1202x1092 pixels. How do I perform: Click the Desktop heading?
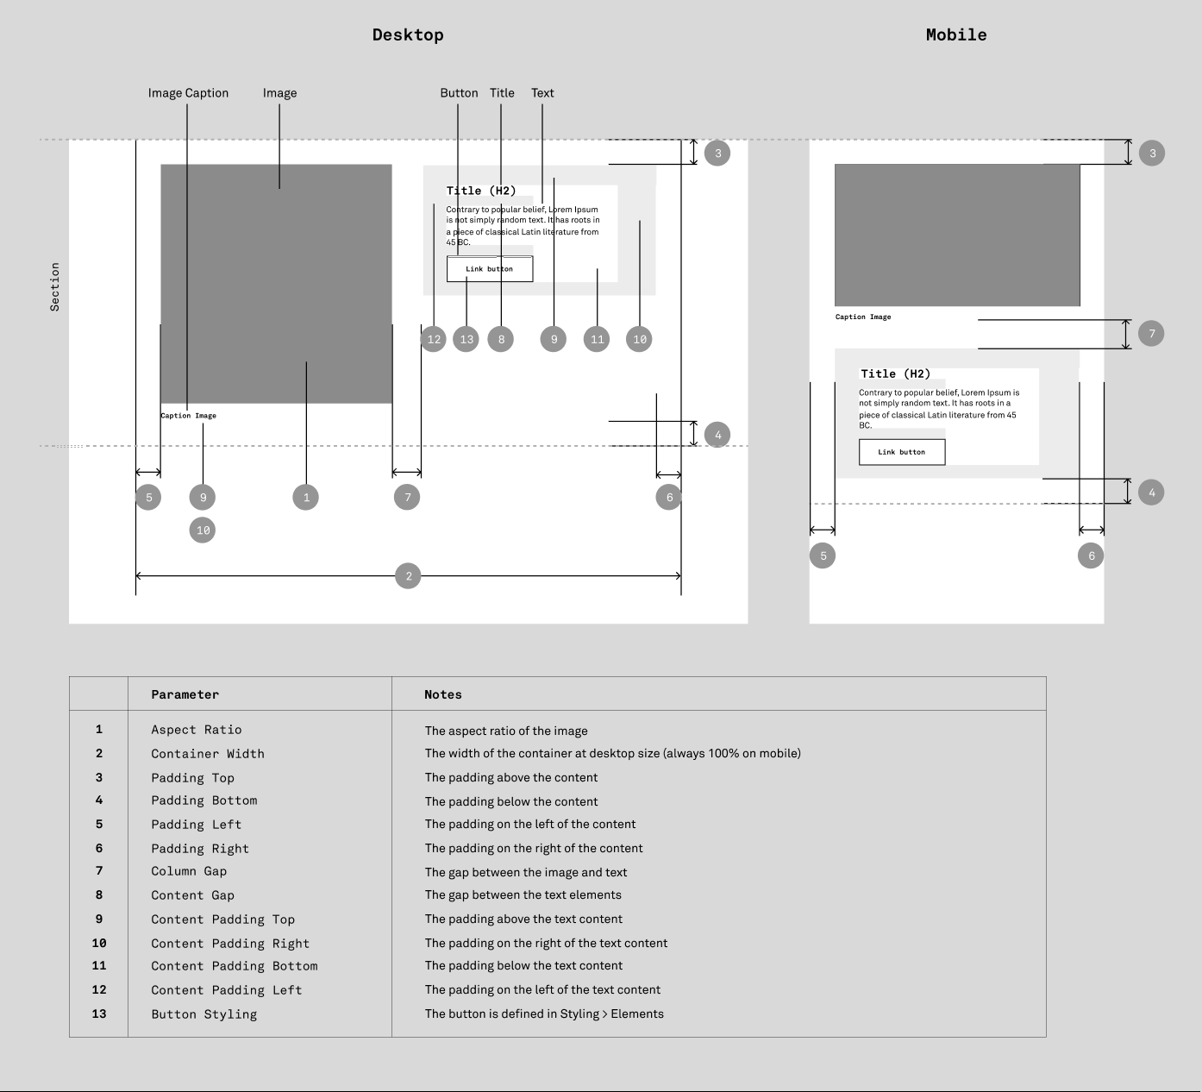pos(408,35)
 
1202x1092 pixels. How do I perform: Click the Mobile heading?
pos(956,35)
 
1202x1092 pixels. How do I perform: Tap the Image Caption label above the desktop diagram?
pos(188,93)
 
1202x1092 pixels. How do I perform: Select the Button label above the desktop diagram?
pos(459,93)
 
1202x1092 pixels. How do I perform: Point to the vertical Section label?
pos(55,286)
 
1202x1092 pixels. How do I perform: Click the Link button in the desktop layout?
pos(490,269)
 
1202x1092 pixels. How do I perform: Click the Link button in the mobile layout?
pos(902,452)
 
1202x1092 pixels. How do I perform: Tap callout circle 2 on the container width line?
pos(408,576)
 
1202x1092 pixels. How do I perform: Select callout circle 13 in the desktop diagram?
pos(466,339)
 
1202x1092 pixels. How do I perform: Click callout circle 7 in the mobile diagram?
pos(1151,334)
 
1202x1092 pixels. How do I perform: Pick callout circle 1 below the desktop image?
pos(306,498)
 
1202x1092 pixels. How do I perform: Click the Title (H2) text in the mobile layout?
pos(896,373)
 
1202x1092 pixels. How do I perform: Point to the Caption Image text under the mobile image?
pos(863,317)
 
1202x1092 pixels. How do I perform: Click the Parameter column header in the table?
pos(185,694)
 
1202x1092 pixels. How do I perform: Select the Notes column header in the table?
pos(443,694)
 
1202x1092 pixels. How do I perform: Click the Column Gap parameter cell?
pos(189,871)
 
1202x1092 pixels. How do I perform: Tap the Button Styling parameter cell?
pos(204,1014)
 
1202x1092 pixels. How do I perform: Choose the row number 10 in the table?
pos(99,944)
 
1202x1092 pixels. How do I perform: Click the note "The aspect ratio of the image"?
pos(506,731)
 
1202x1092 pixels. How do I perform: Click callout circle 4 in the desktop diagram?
pos(717,435)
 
